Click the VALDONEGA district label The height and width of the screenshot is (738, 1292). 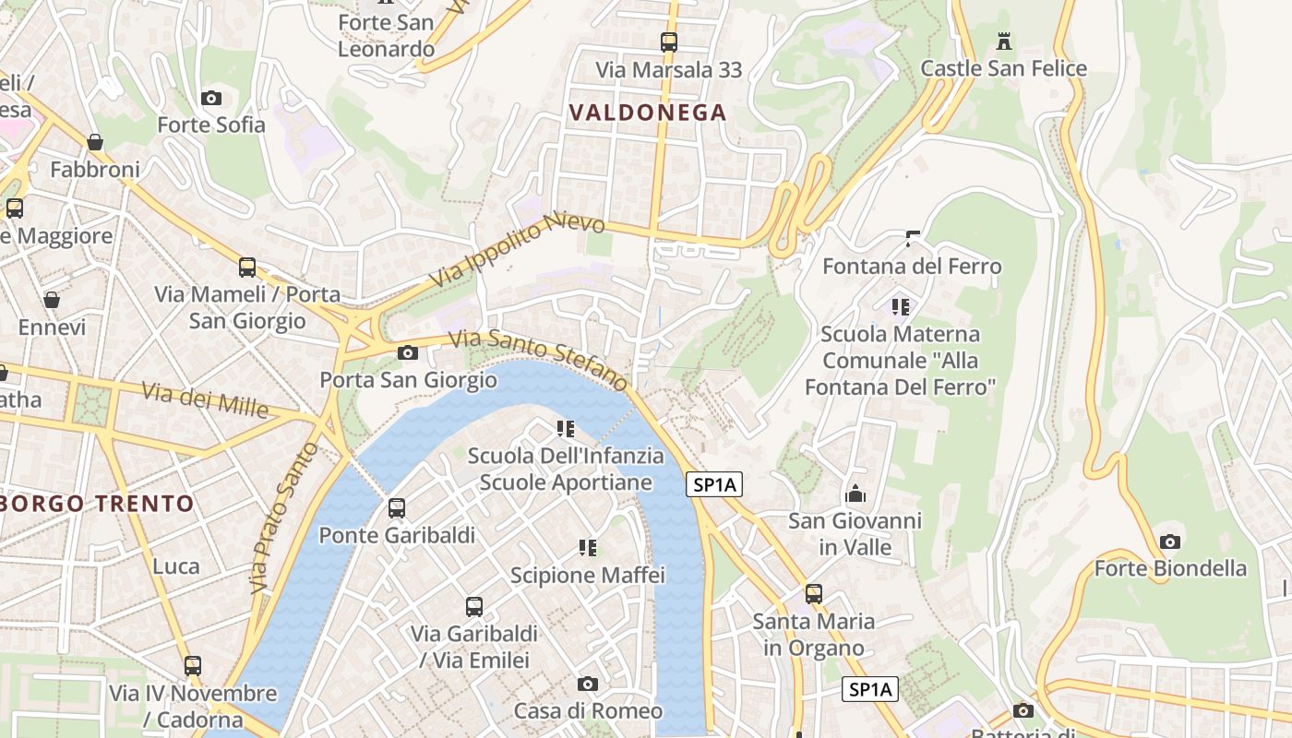point(648,113)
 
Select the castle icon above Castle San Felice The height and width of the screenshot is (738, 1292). point(1004,42)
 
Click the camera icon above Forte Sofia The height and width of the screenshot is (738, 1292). point(210,98)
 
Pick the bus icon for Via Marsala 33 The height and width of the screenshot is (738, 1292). point(668,42)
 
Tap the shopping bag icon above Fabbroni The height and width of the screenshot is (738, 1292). point(95,142)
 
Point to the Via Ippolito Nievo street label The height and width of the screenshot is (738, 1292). point(518,249)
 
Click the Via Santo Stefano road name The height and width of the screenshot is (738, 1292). point(539,359)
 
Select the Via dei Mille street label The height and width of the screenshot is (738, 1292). point(205,399)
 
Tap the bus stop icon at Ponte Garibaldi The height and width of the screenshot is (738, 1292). point(397,507)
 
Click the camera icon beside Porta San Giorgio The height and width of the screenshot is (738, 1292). point(407,352)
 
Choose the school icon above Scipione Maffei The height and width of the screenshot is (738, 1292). point(587,548)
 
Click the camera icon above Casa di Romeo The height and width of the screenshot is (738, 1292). point(587,684)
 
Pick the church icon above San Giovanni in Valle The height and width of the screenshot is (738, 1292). point(855,494)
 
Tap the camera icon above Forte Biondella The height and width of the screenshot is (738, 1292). point(1170,542)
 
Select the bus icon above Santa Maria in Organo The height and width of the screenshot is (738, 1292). point(813,594)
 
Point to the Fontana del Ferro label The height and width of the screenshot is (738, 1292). point(911,267)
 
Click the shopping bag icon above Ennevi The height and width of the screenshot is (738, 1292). point(52,300)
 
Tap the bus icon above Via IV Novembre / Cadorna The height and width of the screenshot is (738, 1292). point(192,665)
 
